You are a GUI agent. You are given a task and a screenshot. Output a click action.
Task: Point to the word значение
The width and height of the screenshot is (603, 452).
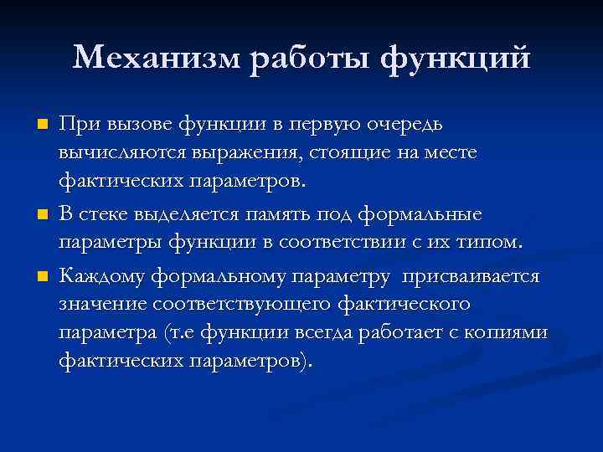99,305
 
